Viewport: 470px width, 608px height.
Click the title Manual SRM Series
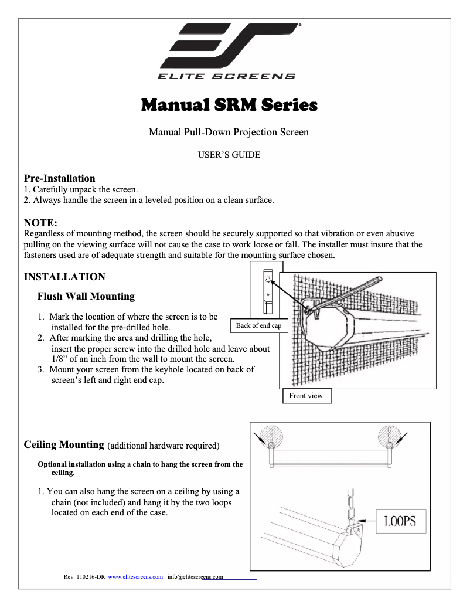[x=229, y=106]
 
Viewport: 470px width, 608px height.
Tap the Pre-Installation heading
[x=59, y=178]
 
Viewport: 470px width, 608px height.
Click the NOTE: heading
[x=40, y=223]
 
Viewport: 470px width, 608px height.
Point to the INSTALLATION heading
[x=64, y=277]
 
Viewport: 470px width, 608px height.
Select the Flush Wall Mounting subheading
[x=86, y=296]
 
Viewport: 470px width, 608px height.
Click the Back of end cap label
[x=258, y=326]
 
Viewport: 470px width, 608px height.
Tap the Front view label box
[x=306, y=396]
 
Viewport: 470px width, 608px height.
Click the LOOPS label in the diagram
[x=400, y=521]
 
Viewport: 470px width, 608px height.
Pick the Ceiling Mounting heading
[x=64, y=445]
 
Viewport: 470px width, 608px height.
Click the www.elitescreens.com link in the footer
[x=135, y=577]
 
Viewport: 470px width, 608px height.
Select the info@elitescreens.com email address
[x=196, y=577]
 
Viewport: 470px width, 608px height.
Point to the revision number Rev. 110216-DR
[x=84, y=577]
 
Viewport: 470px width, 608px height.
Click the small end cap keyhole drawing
[x=267, y=290]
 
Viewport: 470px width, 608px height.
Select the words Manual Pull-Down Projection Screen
[x=229, y=132]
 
